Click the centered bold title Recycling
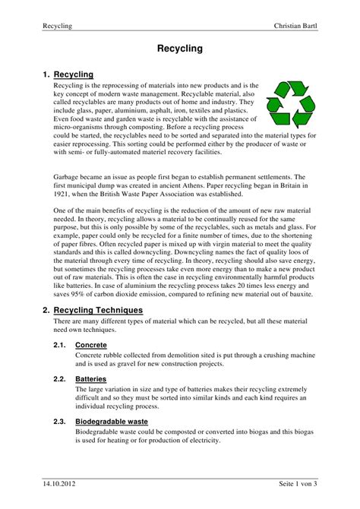[x=179, y=49]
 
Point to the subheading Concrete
[x=90, y=344]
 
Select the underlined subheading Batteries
[x=90, y=378]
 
